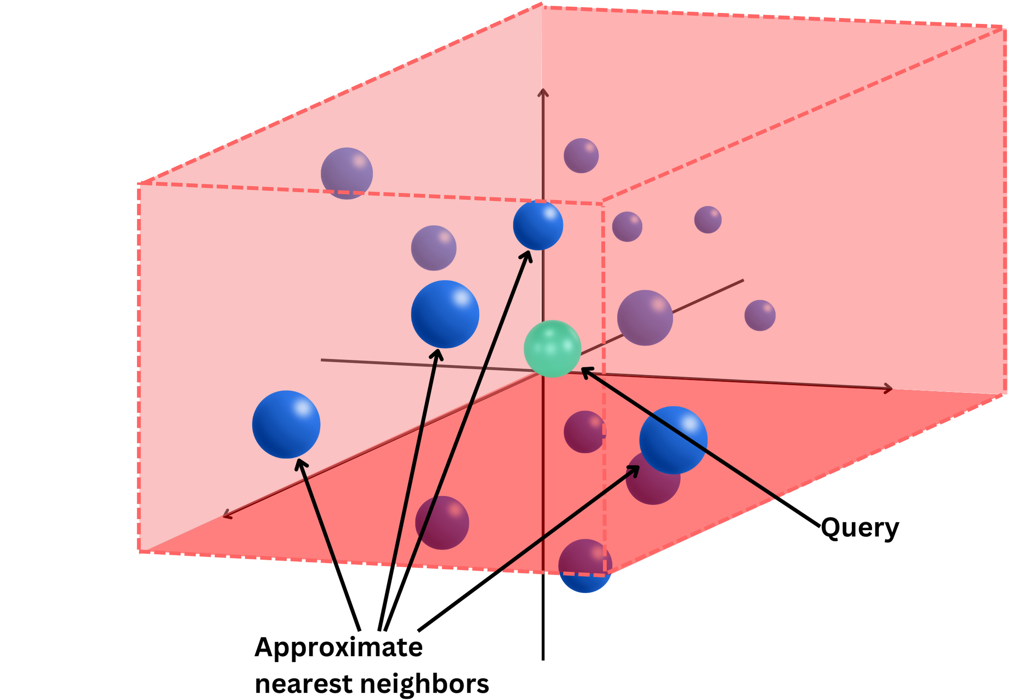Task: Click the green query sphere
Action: tap(552, 348)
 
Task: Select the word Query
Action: tap(859, 528)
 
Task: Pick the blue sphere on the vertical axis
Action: tap(538, 225)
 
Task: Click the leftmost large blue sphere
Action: tap(286, 424)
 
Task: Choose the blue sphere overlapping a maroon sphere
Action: tap(673, 440)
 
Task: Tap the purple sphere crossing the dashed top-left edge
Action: tap(346, 173)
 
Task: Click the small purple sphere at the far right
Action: tap(760, 315)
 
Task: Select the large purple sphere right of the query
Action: tap(645, 318)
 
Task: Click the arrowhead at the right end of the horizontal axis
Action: tap(889, 388)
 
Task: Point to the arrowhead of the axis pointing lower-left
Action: tap(227, 515)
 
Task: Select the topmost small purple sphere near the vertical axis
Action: tap(581, 155)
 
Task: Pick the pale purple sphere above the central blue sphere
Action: tap(434, 248)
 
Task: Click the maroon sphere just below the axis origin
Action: tap(584, 432)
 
